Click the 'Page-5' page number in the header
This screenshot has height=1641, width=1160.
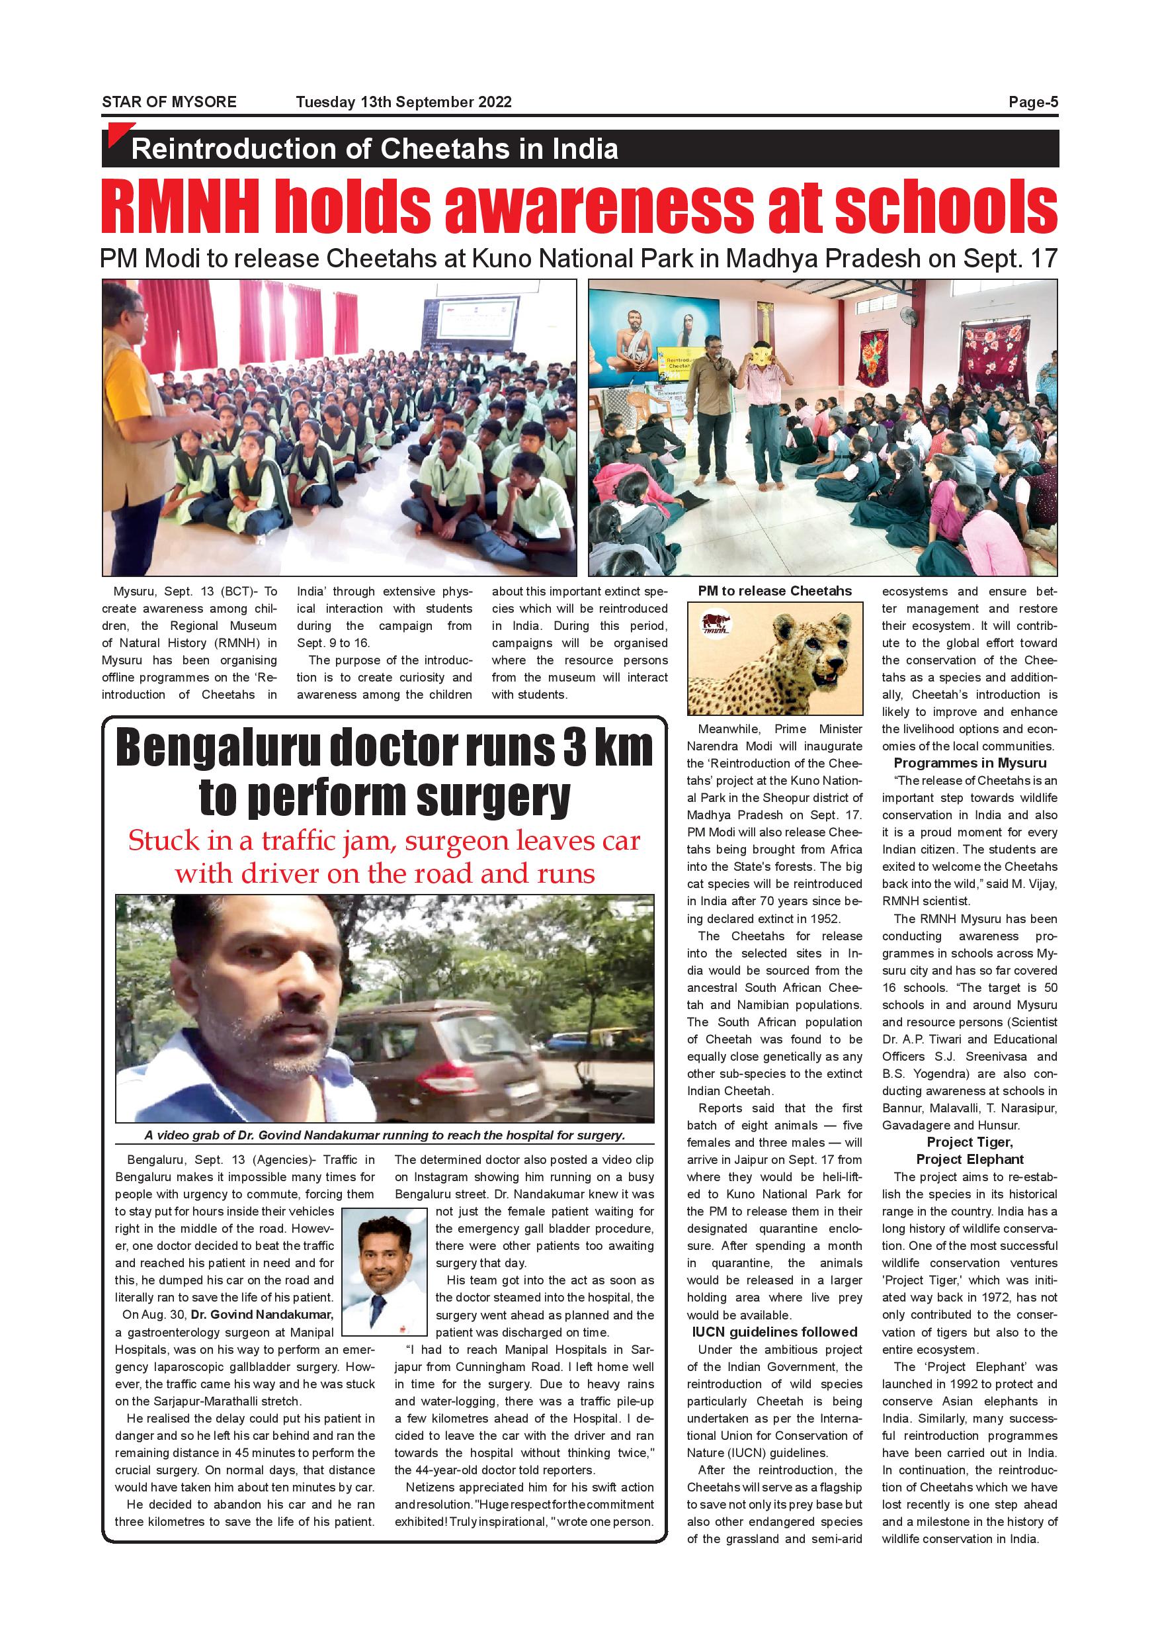(x=1033, y=102)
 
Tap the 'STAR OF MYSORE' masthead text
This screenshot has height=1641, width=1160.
(x=169, y=102)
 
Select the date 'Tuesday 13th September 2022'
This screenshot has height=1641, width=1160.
(x=403, y=102)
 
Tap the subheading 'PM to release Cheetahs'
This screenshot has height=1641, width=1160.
(x=774, y=591)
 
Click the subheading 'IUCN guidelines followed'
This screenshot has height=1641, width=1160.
(x=774, y=1331)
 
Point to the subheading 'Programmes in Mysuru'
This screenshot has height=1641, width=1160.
(x=970, y=764)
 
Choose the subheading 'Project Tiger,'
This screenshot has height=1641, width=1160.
(x=970, y=1142)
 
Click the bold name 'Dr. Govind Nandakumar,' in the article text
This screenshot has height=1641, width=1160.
(x=262, y=1314)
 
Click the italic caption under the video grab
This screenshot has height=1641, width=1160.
(x=384, y=1135)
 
